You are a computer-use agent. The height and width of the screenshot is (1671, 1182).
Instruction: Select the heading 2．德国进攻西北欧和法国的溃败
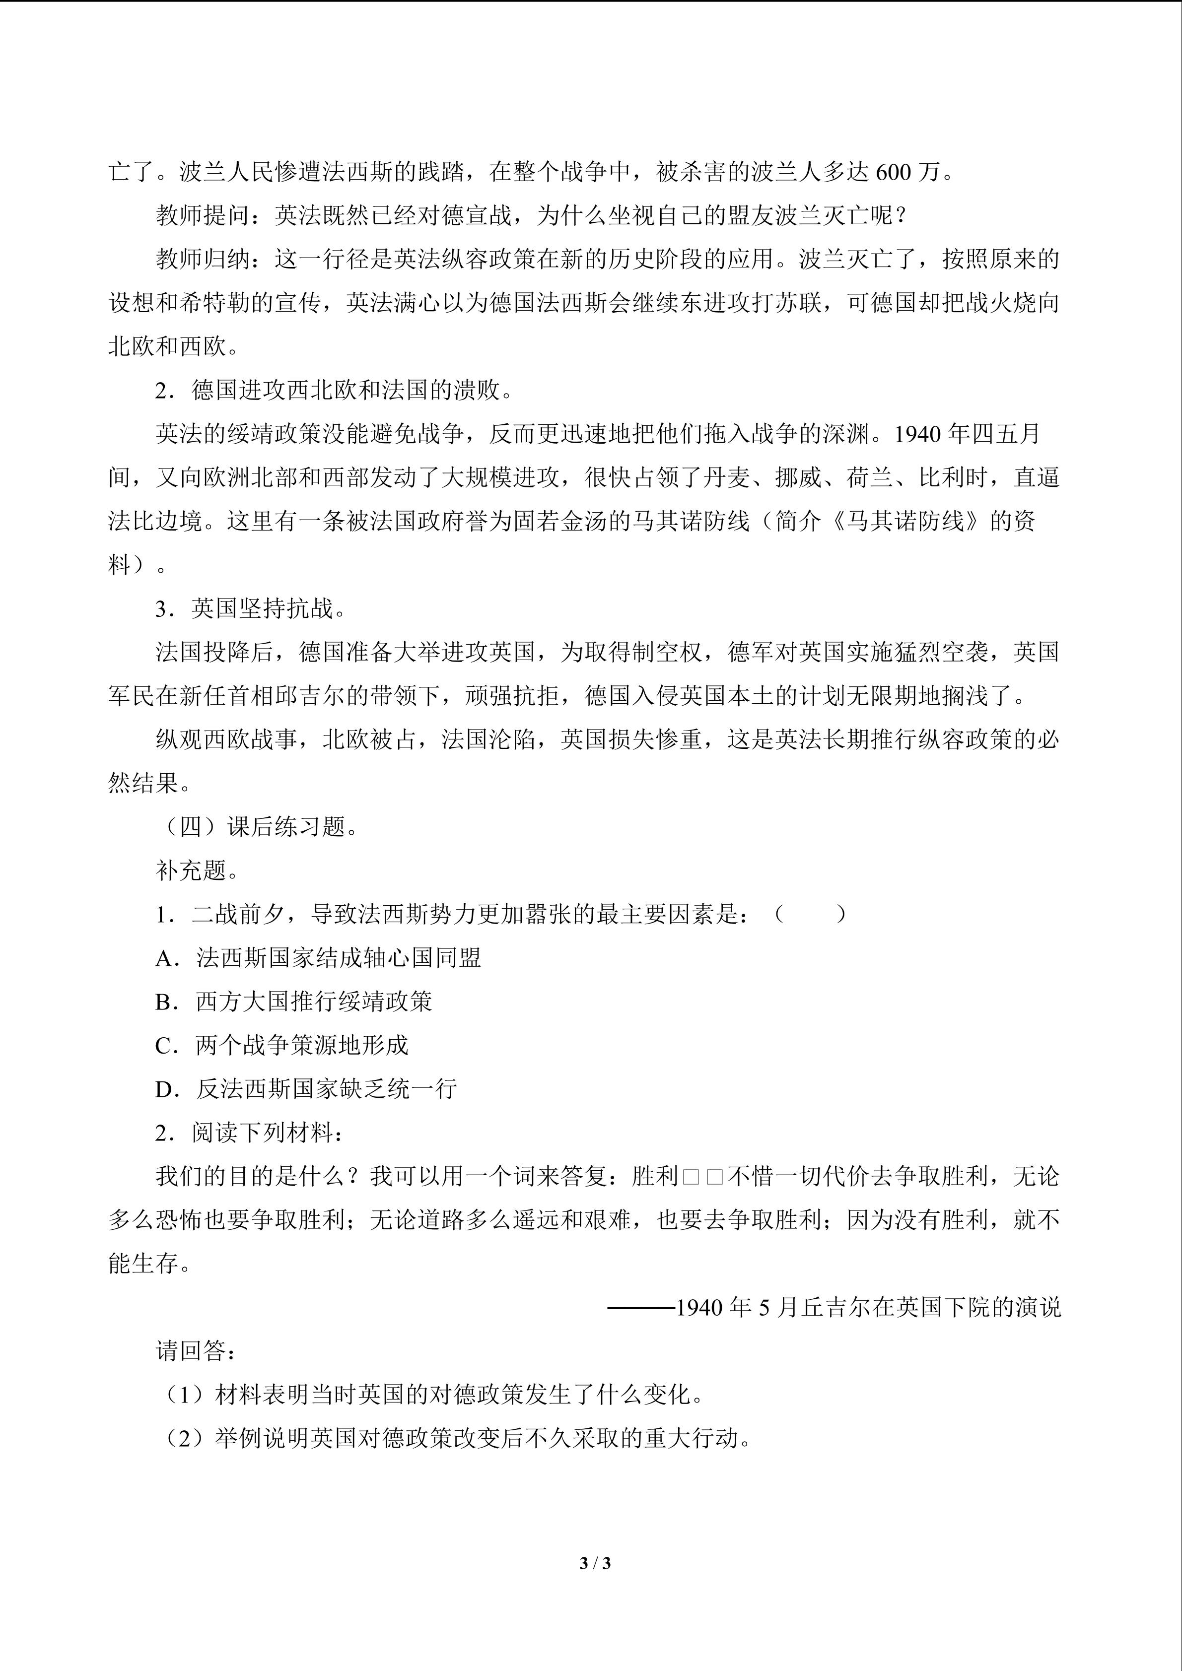pos(334,391)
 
